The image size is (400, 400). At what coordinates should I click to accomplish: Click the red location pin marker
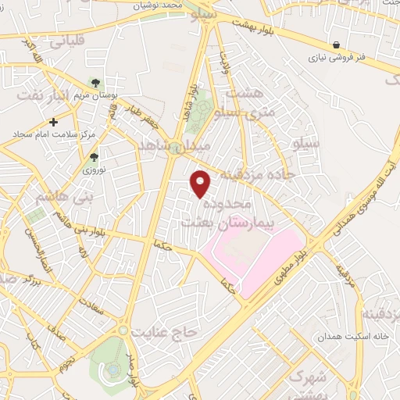click(x=202, y=184)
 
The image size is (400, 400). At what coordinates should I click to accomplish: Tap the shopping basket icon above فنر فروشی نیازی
click(x=335, y=45)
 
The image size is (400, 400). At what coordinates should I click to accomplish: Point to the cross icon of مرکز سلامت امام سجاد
click(x=53, y=122)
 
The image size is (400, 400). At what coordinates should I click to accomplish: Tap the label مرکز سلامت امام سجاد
click(x=53, y=134)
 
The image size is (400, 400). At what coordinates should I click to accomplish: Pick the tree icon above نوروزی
click(x=94, y=157)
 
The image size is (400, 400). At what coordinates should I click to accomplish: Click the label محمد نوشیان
click(x=177, y=5)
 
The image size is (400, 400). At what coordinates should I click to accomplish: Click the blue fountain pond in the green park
click(x=112, y=368)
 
